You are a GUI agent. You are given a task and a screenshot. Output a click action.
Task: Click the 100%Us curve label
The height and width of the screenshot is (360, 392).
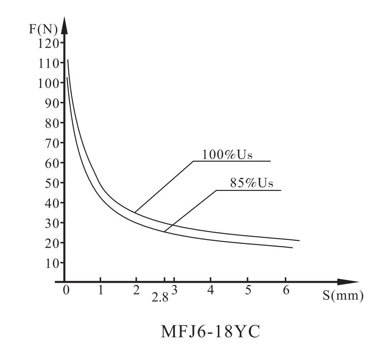[227, 155]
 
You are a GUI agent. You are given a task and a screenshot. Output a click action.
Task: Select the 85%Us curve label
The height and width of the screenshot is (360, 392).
[252, 183]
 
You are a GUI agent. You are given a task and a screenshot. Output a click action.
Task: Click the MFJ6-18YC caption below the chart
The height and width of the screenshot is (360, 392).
[211, 332]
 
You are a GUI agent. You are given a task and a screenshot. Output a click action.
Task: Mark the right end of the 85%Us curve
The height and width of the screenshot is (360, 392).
[292, 248]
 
